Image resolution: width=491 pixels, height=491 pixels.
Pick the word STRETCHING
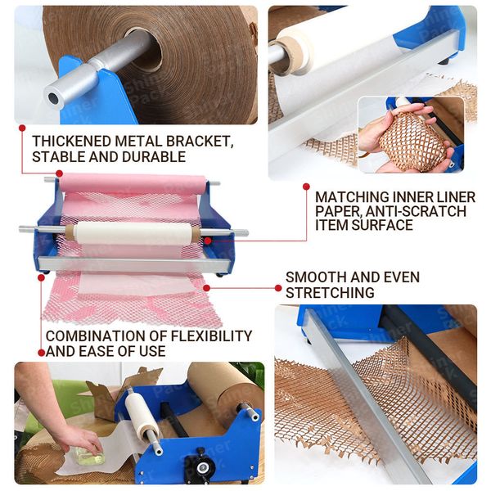330,292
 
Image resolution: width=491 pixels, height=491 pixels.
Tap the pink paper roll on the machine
133,183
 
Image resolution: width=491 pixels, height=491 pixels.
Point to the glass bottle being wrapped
88,457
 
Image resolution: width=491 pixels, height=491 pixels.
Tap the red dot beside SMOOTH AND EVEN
278,288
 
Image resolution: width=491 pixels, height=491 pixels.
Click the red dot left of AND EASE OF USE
42,353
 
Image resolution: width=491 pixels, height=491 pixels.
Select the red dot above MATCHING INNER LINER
307,187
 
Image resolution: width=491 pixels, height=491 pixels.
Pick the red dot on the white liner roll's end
207,241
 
